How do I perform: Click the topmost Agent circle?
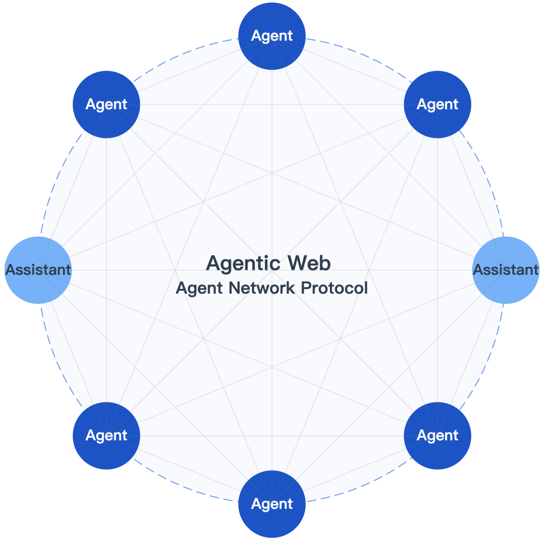[272, 36]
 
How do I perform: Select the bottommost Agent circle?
[272, 504]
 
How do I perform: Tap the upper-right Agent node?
[437, 105]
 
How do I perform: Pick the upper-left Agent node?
[107, 105]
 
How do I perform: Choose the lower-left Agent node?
[107, 436]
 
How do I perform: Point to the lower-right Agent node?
[437, 436]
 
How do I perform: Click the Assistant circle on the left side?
[38, 270]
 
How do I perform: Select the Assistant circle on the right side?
[506, 270]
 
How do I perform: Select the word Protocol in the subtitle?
[334, 288]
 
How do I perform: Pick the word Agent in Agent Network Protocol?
[199, 288]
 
